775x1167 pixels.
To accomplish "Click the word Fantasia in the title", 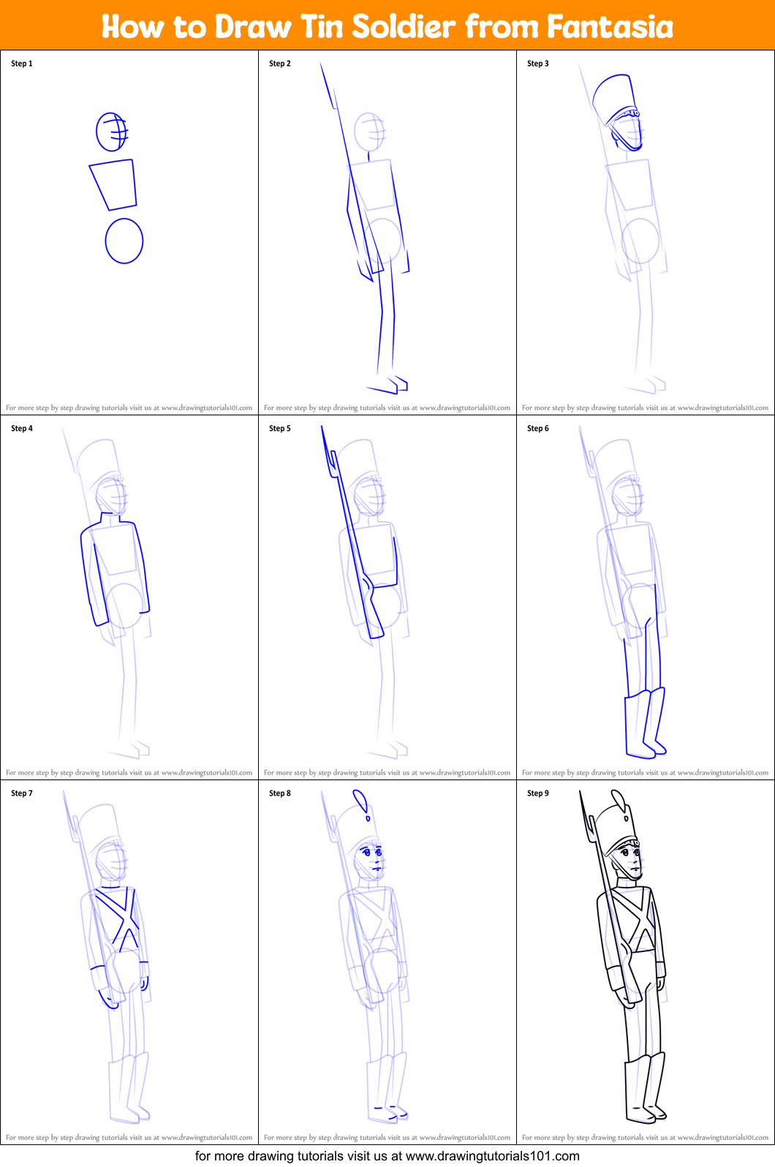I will click(610, 26).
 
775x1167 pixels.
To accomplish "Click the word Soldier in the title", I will click(404, 26).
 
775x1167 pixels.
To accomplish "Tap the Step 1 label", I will click(22, 64).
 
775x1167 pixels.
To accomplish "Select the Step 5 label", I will click(280, 428).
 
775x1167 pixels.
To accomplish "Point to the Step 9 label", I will click(538, 793).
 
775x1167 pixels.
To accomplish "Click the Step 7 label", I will click(22, 793).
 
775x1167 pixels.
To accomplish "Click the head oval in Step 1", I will click(111, 132).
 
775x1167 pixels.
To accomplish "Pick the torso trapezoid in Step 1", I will click(114, 184).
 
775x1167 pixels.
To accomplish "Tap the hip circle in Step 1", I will click(124, 241).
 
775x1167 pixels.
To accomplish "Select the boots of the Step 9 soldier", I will click(645, 1088).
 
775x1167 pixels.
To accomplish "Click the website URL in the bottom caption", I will click(492, 1156).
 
